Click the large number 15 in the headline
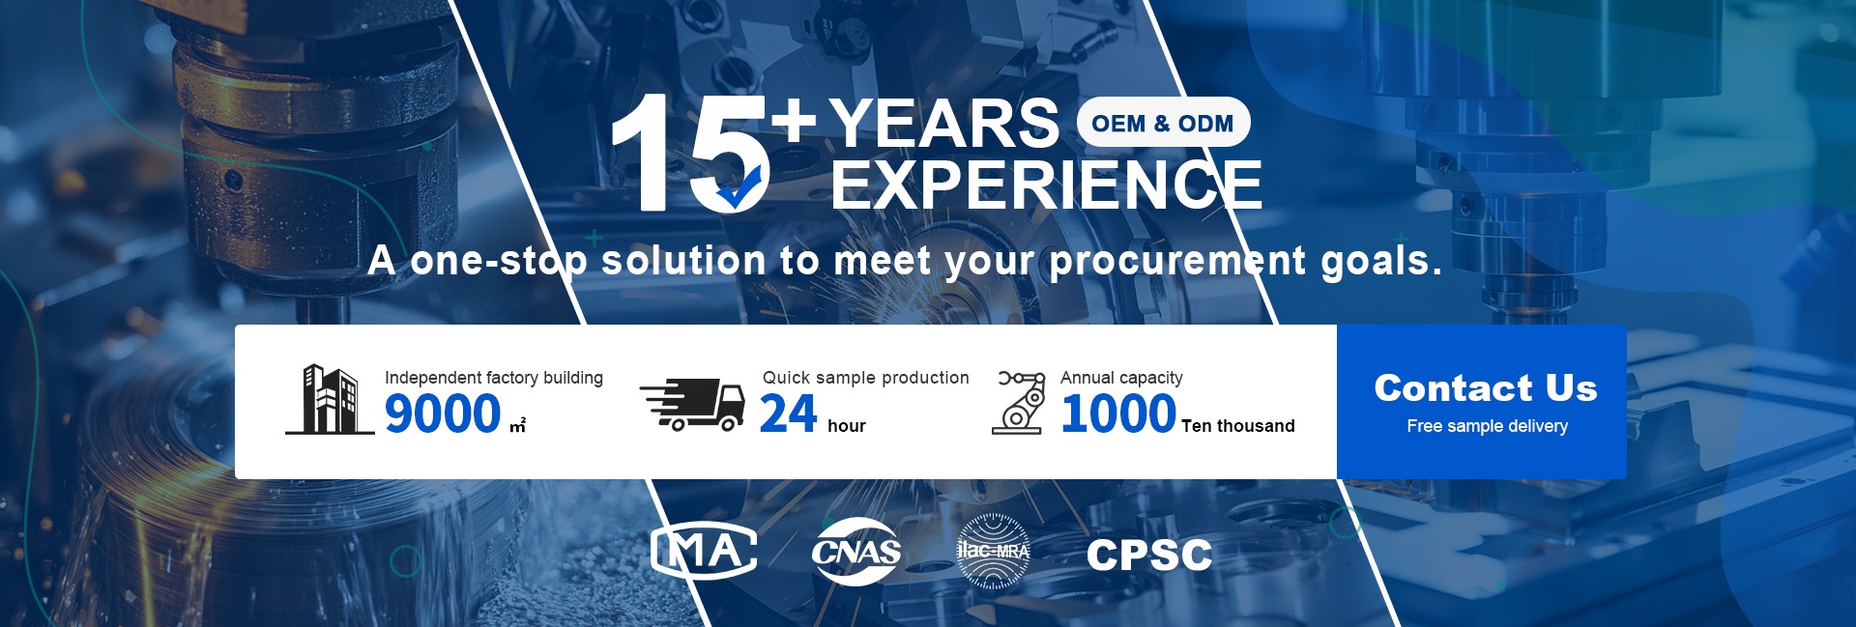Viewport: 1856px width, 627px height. [690, 152]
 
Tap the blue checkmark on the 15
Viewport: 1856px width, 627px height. [739, 187]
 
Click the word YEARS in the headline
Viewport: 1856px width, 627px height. [944, 124]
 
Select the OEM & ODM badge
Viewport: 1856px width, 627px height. [1163, 123]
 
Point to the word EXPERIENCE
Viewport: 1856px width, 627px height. [1047, 185]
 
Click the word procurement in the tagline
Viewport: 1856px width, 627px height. [1178, 262]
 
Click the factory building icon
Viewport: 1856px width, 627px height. [330, 399]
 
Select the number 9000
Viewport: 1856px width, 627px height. [443, 413]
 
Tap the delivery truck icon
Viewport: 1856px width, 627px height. [692, 404]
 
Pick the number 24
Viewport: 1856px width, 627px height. [789, 413]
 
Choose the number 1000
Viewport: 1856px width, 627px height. [1118, 413]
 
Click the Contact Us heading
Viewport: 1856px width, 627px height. [1486, 387]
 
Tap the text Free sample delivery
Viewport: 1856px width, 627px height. [1487, 426]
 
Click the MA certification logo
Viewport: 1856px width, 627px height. [704, 552]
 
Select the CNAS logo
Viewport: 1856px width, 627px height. [856, 552]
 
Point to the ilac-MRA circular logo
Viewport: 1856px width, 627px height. [993, 552]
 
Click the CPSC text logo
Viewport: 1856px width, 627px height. [1149, 555]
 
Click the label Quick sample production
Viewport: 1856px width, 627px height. [866, 378]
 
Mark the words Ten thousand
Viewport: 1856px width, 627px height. [1238, 426]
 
